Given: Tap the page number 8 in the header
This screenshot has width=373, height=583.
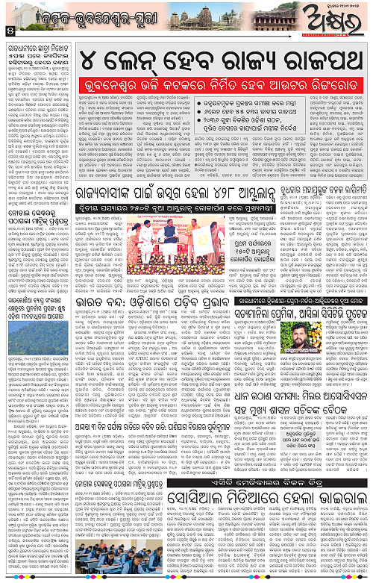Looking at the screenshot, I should [8, 30].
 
